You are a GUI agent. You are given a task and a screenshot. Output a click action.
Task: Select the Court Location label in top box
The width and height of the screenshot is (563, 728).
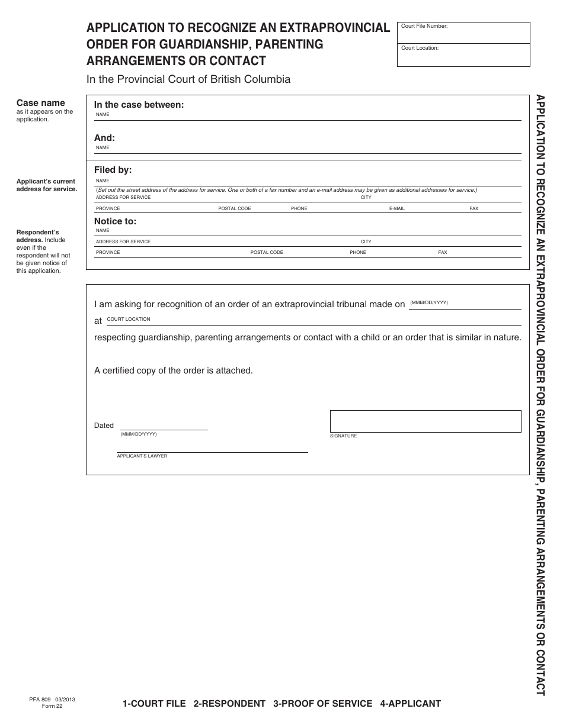[420, 48]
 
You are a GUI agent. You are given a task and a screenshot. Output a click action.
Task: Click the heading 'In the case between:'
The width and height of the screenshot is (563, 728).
[139, 105]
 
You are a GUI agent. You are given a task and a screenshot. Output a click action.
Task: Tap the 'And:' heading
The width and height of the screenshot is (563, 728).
[104, 138]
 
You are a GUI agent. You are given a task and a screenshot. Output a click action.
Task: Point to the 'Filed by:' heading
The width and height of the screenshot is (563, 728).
[113, 170]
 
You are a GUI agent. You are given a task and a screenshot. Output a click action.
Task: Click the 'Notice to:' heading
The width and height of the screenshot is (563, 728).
[115, 221]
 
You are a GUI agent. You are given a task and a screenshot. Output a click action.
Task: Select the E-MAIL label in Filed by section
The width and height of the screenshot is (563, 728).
[396, 208]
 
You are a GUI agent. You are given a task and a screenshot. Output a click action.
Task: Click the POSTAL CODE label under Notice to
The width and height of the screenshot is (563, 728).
[267, 252]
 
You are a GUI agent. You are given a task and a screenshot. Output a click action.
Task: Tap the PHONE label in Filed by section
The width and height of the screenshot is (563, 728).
[299, 208]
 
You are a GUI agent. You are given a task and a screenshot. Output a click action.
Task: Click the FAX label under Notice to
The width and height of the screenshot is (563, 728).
[442, 252]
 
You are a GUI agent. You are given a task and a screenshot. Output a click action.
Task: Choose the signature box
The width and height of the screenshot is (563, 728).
[425, 421]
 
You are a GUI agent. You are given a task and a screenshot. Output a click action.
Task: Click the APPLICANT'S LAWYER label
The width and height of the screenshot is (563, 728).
[142, 456]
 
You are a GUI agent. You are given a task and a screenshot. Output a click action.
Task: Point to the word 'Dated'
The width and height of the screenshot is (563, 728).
[104, 426]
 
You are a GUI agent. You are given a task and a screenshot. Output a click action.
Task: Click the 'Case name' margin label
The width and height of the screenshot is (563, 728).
[40, 103]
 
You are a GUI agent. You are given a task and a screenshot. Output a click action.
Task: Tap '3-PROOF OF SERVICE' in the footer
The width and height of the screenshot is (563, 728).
[322, 704]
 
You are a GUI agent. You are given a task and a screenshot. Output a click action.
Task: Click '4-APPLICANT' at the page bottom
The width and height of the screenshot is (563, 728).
[410, 704]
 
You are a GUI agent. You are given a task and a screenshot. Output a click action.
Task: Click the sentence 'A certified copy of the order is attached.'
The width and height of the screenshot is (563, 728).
[173, 371]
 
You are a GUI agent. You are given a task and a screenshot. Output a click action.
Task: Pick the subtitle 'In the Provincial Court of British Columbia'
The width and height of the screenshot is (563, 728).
[188, 79]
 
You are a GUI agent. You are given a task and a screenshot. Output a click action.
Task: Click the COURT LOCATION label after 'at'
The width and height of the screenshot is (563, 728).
[128, 319]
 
